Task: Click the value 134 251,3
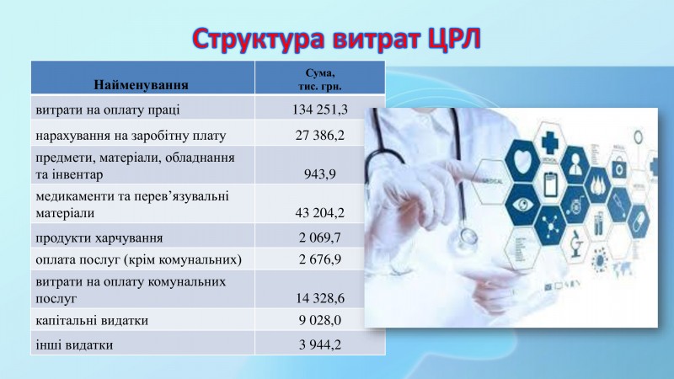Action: click(320, 109)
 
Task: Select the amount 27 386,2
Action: click(320, 136)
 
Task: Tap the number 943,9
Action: click(320, 174)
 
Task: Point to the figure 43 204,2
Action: click(320, 213)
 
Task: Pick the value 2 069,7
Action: click(320, 238)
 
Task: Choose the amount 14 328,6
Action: click(320, 298)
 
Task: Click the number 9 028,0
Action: click(320, 320)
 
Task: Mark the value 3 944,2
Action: click(320, 344)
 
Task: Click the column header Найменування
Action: click(141, 85)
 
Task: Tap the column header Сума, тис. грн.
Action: click(320, 79)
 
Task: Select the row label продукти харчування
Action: click(99, 238)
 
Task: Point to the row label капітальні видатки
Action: click(92, 321)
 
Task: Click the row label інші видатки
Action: click(74, 344)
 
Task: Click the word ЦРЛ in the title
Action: click(454, 40)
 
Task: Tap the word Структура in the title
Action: click(259, 40)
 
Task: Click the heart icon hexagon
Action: click(522, 161)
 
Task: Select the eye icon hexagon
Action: click(522, 204)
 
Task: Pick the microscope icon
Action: click(576, 243)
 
